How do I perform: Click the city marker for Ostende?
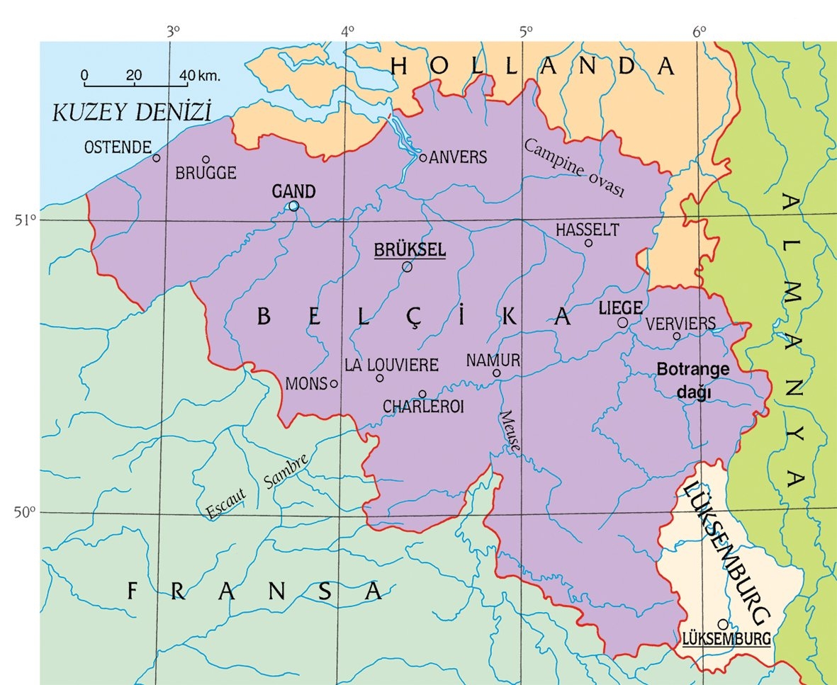pyautogui.click(x=157, y=157)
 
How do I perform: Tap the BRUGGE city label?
pyautogui.click(x=206, y=173)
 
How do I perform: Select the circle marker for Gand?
pyautogui.click(x=293, y=205)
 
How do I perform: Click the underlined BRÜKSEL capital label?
pyautogui.click(x=409, y=250)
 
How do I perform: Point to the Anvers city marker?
pyautogui.click(x=423, y=157)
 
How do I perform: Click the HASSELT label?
pyautogui.click(x=587, y=230)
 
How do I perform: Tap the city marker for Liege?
pyautogui.click(x=622, y=322)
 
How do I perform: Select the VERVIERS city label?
pyautogui.click(x=681, y=323)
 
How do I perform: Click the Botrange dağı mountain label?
pyautogui.click(x=692, y=382)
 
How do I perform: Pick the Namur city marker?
pyautogui.click(x=497, y=373)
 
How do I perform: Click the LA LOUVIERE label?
pyautogui.click(x=391, y=365)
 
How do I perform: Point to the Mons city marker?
pyautogui.click(x=334, y=384)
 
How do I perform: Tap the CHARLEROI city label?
pyautogui.click(x=422, y=407)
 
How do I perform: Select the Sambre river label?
pyautogui.click(x=286, y=471)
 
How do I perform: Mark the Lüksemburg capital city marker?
pyautogui.click(x=722, y=624)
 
